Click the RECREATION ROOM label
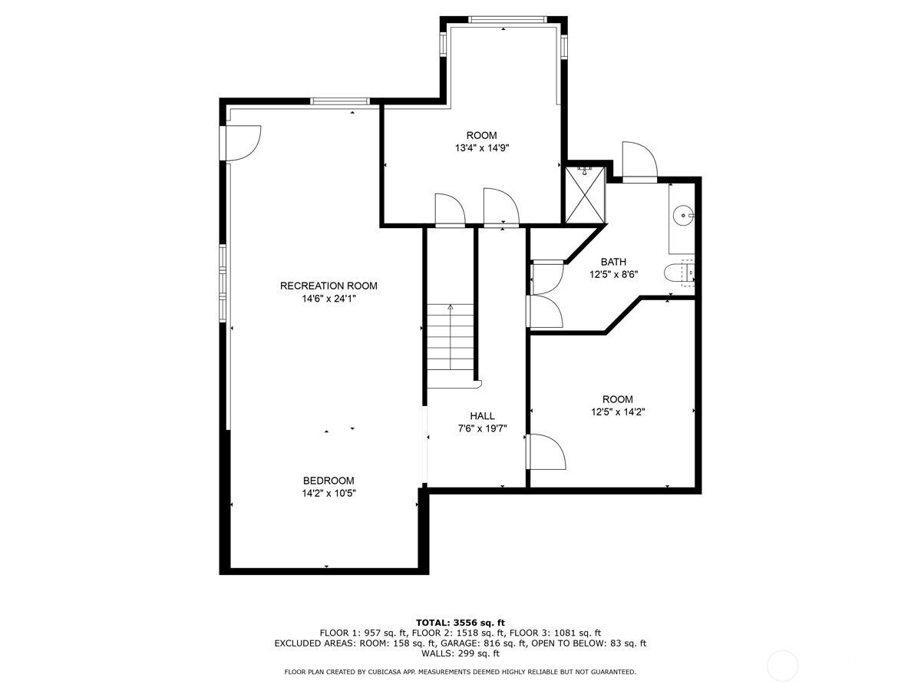(328, 286)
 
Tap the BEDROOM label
(328, 481)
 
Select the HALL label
(482, 416)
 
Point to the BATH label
(613, 262)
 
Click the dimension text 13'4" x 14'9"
(481, 149)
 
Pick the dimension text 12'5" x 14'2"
(617, 412)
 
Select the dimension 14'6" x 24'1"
(328, 299)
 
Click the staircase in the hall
(451, 338)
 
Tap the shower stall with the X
(585, 194)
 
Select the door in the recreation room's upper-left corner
(241, 144)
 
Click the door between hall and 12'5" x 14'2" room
(545, 451)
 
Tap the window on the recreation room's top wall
(340, 101)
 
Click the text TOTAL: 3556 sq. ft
(460, 622)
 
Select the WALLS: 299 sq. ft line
(460, 654)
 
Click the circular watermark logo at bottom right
(782, 665)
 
